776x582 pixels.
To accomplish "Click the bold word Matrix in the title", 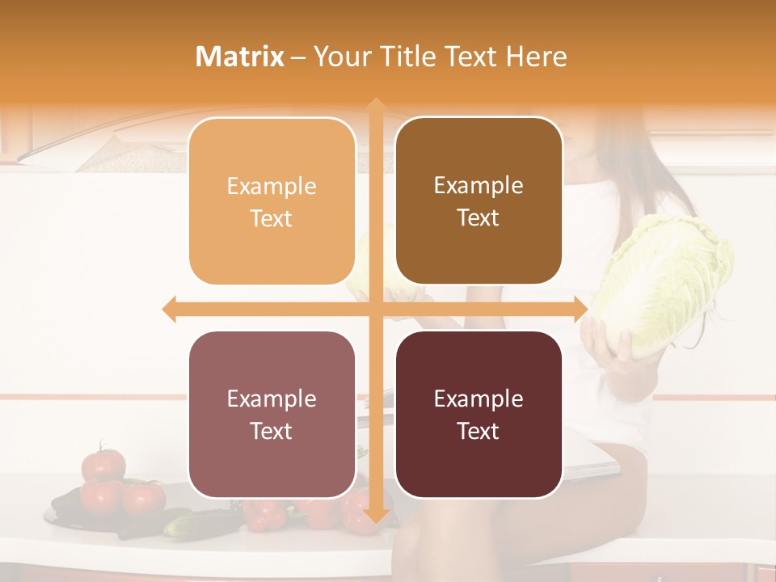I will pos(240,57).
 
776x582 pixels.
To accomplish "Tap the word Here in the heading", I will pos(537,57).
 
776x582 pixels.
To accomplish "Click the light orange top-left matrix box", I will pos(272,201).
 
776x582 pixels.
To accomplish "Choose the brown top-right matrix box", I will pos(479,201).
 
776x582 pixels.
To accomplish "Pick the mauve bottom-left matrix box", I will pos(272,415).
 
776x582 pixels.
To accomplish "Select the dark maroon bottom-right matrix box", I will pos(479,415).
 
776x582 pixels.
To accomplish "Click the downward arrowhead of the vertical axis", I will pos(375,515).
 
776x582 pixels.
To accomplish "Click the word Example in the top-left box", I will pos(272,187).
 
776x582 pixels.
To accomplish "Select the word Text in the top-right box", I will pos(479,218).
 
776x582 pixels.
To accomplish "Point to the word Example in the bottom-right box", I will pos(479,399).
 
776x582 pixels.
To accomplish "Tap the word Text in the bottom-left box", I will pos(272,432).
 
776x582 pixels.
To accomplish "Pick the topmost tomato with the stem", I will pos(103,464).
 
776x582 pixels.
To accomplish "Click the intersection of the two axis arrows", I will pos(375,310).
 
